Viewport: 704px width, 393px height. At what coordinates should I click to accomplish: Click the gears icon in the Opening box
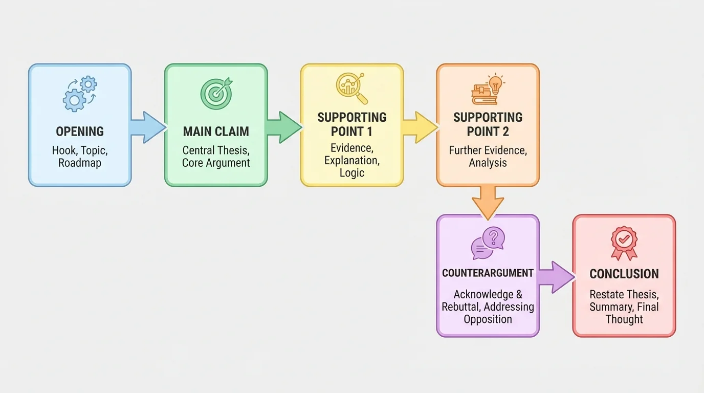(79, 94)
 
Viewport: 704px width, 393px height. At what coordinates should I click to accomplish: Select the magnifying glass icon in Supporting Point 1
(352, 88)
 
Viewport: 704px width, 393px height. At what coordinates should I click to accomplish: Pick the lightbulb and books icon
(488, 90)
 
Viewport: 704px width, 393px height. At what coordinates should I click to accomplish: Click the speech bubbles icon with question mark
(488, 243)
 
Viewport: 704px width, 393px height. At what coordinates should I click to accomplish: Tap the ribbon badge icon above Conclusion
(624, 243)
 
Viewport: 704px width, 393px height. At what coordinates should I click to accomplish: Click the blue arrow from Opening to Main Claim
(147, 127)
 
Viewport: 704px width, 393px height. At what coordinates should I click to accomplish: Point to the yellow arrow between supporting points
(420, 127)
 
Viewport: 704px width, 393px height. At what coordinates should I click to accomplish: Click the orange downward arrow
(488, 202)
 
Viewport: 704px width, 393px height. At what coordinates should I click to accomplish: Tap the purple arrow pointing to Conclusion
(556, 277)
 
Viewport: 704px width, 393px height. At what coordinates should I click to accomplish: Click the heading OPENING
(80, 132)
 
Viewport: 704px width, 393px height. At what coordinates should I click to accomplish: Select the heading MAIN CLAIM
(216, 132)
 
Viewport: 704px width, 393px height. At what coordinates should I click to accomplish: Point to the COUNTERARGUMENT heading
(488, 273)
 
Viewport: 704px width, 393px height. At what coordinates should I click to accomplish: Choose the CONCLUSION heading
(624, 274)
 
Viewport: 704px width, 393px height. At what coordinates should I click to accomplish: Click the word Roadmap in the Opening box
(80, 163)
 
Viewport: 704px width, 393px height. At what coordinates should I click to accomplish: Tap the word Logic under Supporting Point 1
(352, 172)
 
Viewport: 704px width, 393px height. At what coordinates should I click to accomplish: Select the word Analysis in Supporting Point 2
(488, 163)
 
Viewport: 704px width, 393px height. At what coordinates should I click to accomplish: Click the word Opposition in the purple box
(488, 319)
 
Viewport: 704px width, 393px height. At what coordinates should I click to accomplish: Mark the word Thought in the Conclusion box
(624, 319)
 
